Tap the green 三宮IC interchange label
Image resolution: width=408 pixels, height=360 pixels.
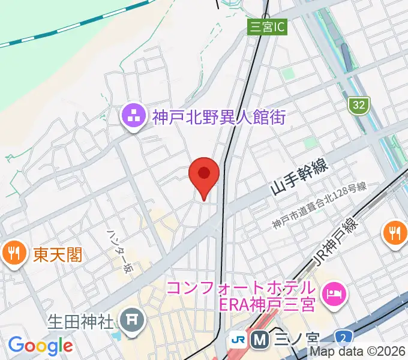tap(267, 26)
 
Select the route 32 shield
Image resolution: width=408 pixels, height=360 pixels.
tap(358, 105)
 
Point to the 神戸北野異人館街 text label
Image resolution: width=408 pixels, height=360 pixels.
tap(218, 117)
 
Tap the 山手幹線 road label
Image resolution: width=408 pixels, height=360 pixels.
tap(299, 178)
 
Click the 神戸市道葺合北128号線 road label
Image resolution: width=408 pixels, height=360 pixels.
tap(319, 206)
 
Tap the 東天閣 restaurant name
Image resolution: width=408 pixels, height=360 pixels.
tap(58, 255)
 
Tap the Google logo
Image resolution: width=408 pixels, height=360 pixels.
tap(40, 346)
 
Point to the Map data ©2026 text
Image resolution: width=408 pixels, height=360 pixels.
tap(358, 353)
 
